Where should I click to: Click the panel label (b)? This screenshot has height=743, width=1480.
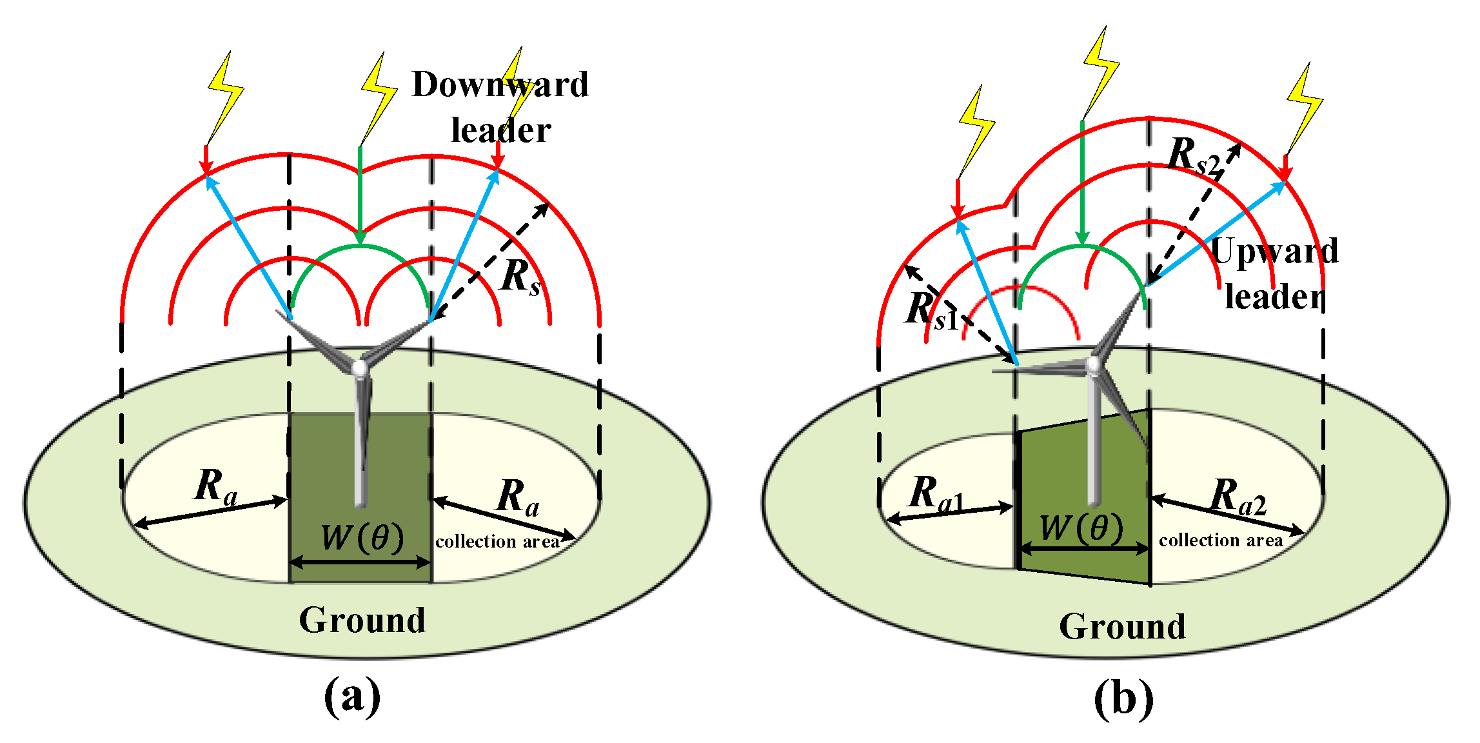[1123, 698]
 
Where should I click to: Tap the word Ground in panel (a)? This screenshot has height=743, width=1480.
[362, 620]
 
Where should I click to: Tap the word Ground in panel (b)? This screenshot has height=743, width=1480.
[1123, 626]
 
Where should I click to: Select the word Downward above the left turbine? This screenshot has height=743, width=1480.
[500, 84]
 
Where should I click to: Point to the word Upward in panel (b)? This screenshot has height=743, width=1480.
[1275, 252]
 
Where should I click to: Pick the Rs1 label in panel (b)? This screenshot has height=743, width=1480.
[932, 310]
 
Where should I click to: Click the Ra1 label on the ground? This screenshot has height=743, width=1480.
[936, 494]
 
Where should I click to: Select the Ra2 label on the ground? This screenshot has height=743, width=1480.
[1238, 497]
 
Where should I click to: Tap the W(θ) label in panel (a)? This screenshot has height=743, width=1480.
[362, 537]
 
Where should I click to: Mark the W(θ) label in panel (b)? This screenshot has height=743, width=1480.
[1081, 528]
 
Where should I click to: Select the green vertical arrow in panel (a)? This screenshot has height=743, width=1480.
[360, 195]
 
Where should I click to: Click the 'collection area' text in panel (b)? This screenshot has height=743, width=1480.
[1221, 540]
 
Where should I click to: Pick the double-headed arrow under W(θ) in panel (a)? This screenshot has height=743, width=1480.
[360, 562]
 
